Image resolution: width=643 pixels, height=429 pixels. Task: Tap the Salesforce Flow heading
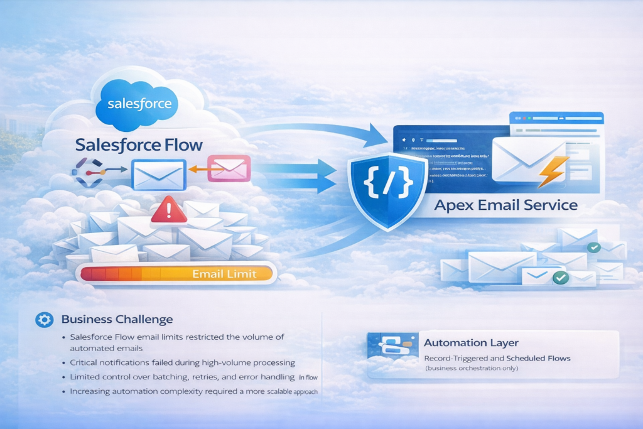(x=139, y=144)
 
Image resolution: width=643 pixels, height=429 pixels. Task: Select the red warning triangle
(x=168, y=210)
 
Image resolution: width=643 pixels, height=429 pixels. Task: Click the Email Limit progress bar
(x=176, y=273)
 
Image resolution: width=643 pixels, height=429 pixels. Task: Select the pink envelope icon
(x=229, y=168)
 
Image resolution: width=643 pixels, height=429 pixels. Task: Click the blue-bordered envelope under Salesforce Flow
(x=159, y=174)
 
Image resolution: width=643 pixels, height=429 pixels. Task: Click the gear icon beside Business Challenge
(x=45, y=320)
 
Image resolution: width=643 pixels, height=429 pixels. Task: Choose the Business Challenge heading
(x=117, y=320)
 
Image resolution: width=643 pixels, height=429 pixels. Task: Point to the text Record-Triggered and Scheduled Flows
(x=496, y=358)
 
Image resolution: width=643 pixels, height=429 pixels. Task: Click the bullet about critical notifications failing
(x=183, y=363)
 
